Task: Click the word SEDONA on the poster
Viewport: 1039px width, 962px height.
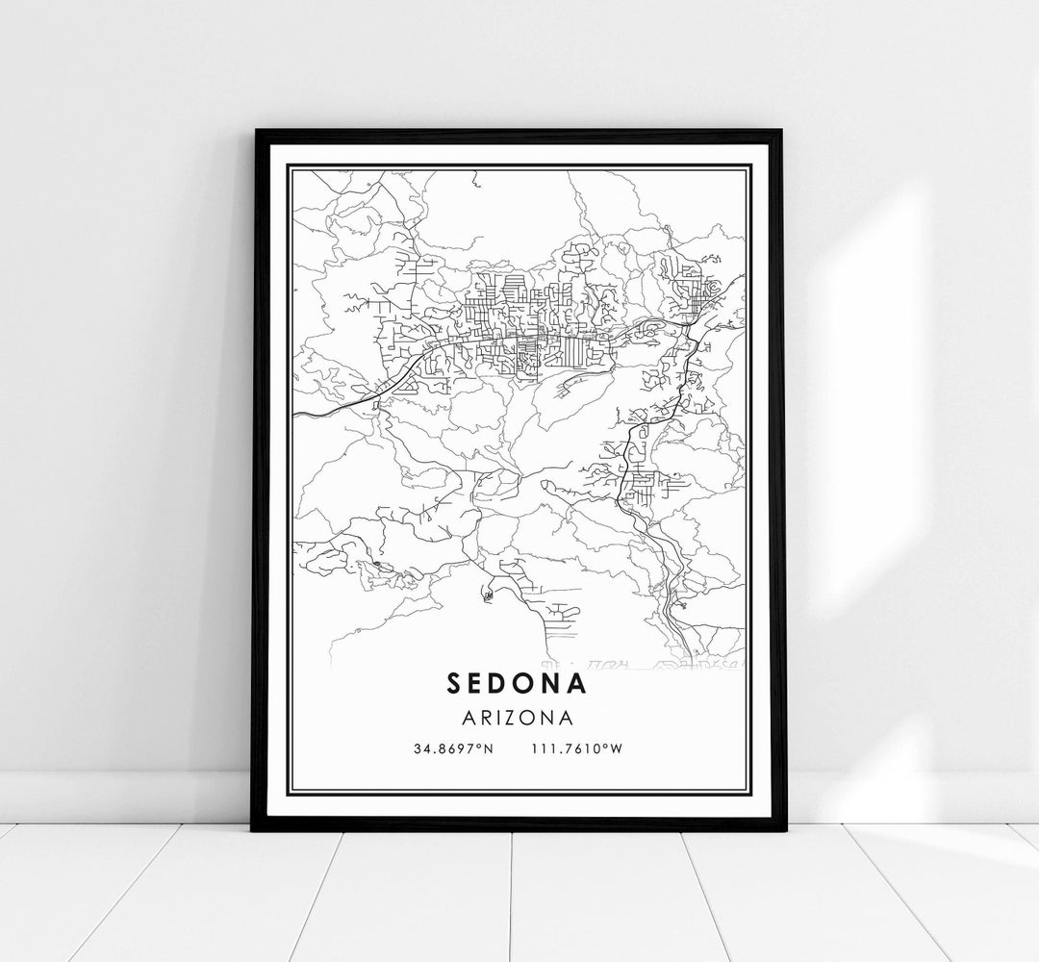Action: coord(518,683)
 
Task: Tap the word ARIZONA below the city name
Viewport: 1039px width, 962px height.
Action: coord(518,718)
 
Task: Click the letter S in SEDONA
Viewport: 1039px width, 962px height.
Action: coord(454,683)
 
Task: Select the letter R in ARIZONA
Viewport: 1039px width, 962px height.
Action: coord(483,718)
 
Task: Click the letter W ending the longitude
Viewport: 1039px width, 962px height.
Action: coord(618,749)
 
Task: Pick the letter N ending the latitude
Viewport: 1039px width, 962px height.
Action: coord(489,749)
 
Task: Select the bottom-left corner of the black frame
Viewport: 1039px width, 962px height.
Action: coord(254,828)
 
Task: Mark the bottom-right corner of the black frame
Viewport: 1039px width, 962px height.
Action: coord(783,828)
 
